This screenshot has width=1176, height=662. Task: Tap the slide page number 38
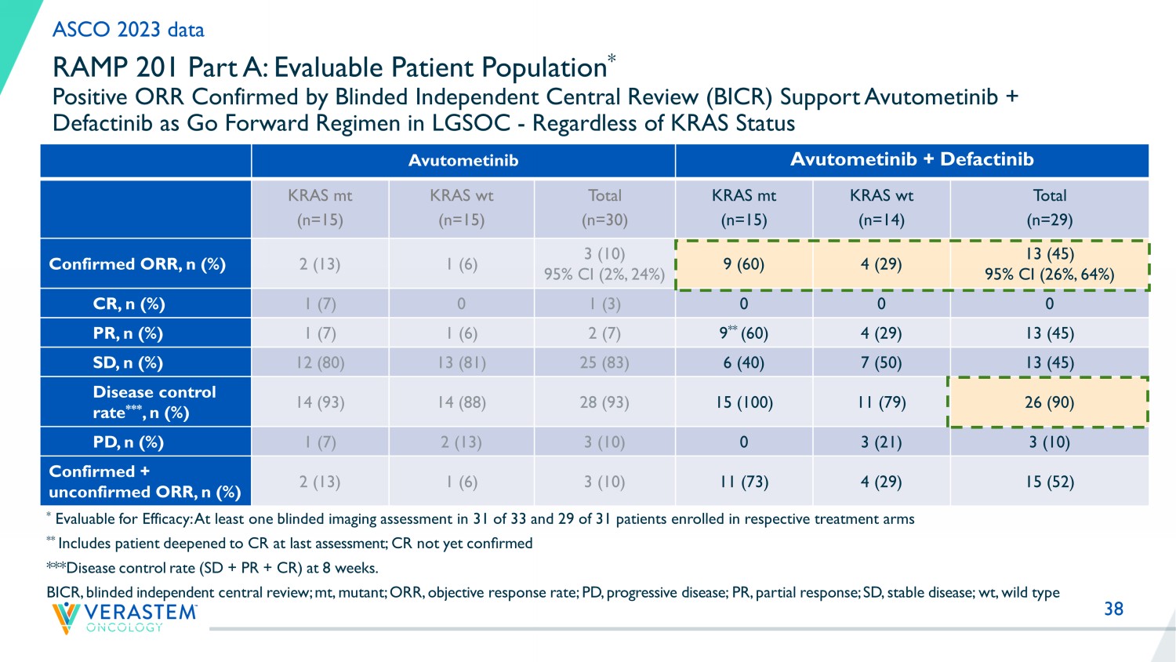[1113, 609]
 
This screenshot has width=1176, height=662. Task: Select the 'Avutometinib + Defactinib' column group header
[912, 160]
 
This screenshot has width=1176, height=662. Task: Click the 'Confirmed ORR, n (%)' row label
[137, 264]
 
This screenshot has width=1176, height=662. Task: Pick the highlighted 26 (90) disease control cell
[1049, 402]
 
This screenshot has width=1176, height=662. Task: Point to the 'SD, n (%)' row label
[128, 363]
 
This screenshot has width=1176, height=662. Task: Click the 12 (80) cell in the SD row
[320, 363]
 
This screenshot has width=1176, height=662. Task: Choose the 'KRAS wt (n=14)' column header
[881, 208]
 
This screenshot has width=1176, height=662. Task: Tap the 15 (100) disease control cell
[744, 402]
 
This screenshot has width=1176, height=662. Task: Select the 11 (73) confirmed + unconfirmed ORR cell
[744, 482]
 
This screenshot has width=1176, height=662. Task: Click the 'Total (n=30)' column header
[604, 208]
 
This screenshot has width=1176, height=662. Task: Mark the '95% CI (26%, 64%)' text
[1049, 275]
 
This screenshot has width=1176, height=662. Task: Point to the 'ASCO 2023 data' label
[129, 30]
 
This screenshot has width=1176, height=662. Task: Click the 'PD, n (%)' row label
[128, 442]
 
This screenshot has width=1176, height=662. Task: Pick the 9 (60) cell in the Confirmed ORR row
[744, 264]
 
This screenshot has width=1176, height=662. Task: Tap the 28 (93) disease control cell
[604, 402]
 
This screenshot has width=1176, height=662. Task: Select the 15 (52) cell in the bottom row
[1049, 482]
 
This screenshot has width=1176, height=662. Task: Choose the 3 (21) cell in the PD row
[881, 442]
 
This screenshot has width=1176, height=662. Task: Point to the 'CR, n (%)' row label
[129, 304]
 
